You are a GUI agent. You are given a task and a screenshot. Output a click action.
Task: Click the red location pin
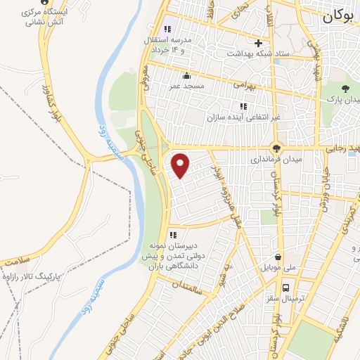click(181, 165)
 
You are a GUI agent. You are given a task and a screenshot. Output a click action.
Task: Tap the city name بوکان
click(341, 18)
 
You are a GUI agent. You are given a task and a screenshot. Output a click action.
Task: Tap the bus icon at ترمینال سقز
click(285, 288)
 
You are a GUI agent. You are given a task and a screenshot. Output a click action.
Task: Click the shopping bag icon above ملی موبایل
click(280, 257)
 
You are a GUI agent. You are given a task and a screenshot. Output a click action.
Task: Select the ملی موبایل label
click(280, 268)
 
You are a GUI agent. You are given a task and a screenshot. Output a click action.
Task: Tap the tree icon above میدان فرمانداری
click(276, 149)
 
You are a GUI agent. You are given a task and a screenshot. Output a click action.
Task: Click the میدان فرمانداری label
click(275, 160)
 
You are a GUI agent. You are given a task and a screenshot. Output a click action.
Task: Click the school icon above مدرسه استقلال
click(167, 30)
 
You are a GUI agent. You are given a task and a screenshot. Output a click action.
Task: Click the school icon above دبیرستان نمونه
click(172, 235)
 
